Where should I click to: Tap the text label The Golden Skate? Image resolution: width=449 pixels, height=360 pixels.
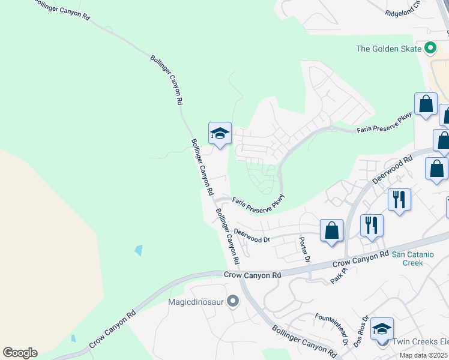[389, 49]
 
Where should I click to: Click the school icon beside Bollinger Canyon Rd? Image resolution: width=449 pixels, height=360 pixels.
[220, 133]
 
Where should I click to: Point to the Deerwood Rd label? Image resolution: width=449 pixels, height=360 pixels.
[393, 170]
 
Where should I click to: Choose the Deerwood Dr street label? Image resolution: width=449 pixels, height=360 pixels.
[252, 235]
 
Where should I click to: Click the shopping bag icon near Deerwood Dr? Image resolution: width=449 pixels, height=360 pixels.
[331, 230]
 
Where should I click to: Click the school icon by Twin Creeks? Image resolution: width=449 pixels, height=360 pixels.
[382, 329]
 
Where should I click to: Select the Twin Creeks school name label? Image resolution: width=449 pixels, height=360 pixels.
[420, 341]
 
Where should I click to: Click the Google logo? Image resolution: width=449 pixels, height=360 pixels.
[20, 352]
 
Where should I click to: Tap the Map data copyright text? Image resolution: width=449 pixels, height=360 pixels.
[424, 355]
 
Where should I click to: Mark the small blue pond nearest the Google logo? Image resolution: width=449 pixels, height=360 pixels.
[73, 338]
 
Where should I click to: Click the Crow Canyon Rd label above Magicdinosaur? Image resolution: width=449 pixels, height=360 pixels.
[253, 275]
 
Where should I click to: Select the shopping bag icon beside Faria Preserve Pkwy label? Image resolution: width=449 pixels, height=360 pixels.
[426, 104]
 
